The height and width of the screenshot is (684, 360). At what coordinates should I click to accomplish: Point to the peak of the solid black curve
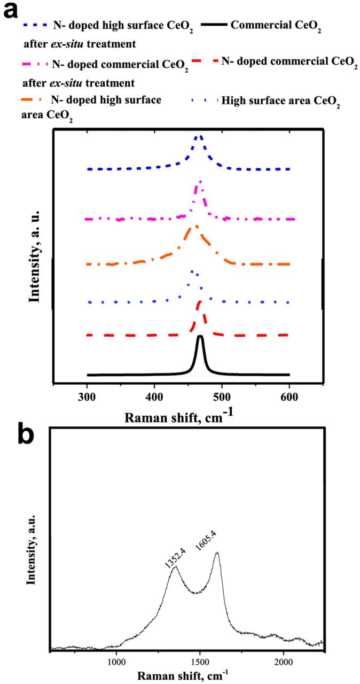(x=200, y=337)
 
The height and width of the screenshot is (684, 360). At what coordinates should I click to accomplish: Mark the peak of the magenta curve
(x=200, y=182)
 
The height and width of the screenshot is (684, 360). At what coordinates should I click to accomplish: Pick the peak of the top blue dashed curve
(x=198, y=136)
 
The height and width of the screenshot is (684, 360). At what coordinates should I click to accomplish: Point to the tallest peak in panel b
(x=217, y=553)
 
